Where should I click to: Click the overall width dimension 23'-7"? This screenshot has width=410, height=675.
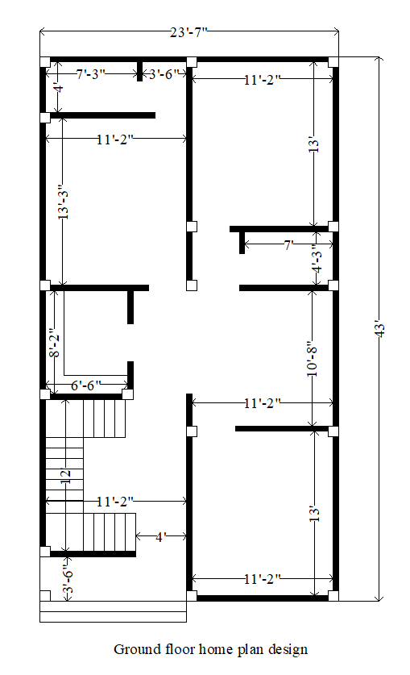(189, 33)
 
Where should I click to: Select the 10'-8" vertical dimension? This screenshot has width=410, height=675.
(312, 358)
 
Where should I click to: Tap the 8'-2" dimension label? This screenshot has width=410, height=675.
(54, 342)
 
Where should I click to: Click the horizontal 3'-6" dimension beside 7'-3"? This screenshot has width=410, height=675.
(168, 74)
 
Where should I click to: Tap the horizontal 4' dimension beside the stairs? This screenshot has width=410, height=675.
(161, 536)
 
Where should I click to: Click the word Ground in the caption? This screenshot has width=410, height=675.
(135, 648)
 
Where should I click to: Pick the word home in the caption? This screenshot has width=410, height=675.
(209, 648)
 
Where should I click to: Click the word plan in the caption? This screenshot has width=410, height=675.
(246, 649)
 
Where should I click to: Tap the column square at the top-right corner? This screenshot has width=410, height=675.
(333, 61)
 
